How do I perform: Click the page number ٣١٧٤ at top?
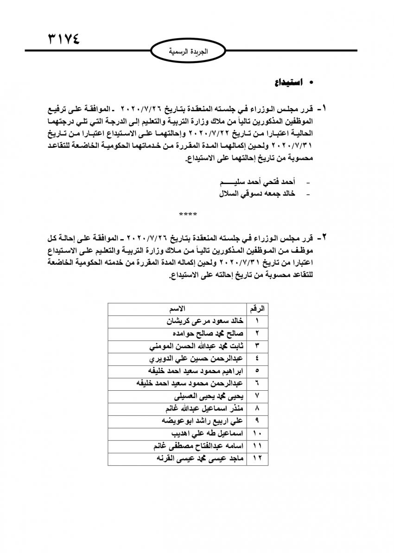(64, 38)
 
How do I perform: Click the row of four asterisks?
(188, 215)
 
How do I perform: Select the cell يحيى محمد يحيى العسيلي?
(208, 397)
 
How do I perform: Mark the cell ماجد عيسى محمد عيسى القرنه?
(198, 459)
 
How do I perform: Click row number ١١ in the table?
(258, 447)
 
